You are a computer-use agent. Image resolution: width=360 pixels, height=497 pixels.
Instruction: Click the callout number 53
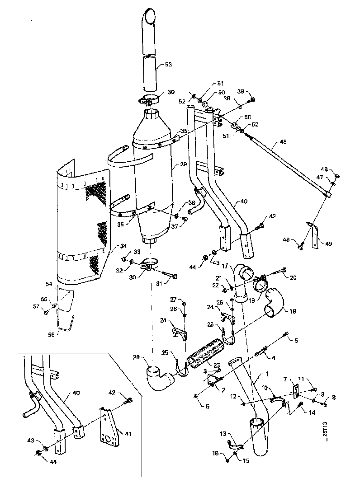pyautogui.click(x=168, y=65)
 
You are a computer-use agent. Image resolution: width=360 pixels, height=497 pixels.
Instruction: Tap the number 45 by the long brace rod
pyautogui.click(x=284, y=141)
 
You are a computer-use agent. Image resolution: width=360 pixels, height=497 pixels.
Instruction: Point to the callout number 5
pyautogui.click(x=297, y=340)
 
